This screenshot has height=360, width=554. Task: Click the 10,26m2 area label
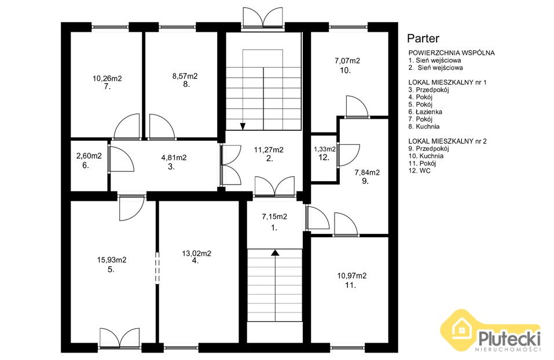tap(107, 79)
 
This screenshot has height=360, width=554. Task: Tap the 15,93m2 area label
tap(112, 260)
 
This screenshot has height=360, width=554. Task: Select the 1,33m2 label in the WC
tap(325, 149)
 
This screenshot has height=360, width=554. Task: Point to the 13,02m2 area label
tap(197, 254)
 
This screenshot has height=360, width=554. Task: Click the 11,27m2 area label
tap(269, 150)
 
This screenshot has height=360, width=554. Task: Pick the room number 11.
tap(350, 285)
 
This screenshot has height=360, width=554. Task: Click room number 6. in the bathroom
tap(86, 165)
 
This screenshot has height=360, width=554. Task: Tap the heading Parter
tap(423, 38)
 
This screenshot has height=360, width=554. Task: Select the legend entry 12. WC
tap(419, 171)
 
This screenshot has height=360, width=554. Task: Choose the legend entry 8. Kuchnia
tap(424, 127)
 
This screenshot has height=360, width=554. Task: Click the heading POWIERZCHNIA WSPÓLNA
tap(451, 53)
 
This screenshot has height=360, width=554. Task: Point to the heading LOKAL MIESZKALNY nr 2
tap(447, 141)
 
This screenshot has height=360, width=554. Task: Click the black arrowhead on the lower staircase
tap(275, 252)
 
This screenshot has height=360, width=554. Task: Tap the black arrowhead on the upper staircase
tap(243, 126)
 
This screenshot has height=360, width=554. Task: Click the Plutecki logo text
tap(509, 339)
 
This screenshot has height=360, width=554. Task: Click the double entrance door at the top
tap(263, 18)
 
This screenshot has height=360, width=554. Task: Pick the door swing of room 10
tap(357, 106)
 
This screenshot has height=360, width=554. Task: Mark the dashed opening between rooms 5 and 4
tap(157, 268)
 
